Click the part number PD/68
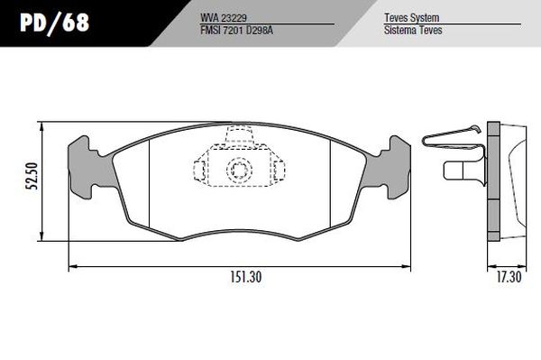(x=54, y=23)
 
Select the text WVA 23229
(x=224, y=18)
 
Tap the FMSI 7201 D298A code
(x=236, y=31)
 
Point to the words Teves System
(x=412, y=18)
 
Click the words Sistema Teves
(x=413, y=30)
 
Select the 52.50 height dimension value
(x=33, y=176)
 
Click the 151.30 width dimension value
(x=246, y=277)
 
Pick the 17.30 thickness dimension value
(x=509, y=277)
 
